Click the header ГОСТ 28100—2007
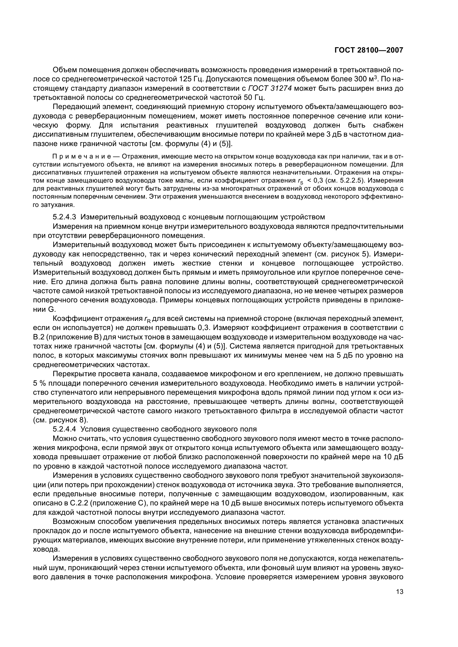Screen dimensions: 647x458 369,50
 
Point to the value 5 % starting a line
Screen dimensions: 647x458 39,383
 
